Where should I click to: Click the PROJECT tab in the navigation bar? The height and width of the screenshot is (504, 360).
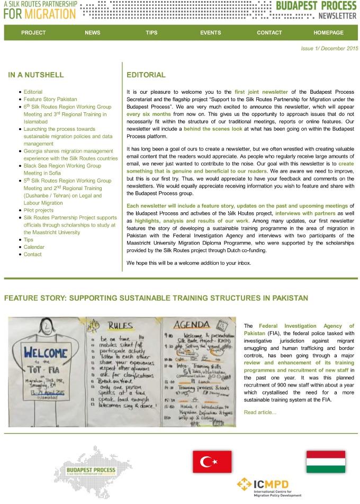point(33,33)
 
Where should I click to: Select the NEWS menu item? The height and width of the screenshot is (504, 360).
point(92,33)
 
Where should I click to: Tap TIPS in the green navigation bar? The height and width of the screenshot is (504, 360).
point(151,33)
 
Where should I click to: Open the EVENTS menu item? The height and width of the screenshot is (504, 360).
point(211,33)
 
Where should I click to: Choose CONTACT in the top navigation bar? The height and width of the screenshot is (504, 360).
point(269,33)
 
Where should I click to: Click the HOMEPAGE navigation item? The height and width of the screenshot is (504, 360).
point(328,33)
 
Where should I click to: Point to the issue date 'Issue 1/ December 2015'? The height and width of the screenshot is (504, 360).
point(329,49)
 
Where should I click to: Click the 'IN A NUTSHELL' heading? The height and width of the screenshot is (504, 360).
point(36,75)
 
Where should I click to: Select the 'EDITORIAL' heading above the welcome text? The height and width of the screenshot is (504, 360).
point(146,75)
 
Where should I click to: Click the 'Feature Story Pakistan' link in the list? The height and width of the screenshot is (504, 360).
point(50,99)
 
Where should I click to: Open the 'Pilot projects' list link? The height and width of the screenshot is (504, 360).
point(39,210)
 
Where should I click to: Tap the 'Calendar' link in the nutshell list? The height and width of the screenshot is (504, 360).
point(34,247)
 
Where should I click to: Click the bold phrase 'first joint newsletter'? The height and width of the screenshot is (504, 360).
point(261,92)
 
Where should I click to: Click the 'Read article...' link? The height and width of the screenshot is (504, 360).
point(260,412)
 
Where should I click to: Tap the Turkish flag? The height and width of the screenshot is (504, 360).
point(212,462)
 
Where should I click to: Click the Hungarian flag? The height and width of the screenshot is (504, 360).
point(326,462)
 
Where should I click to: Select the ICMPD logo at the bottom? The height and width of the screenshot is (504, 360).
point(269,487)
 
